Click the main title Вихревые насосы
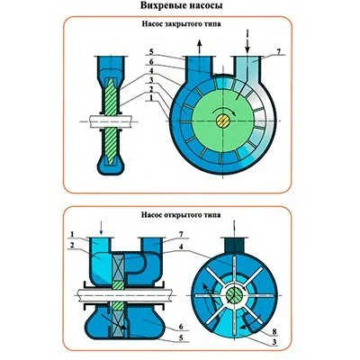(x=182, y=5)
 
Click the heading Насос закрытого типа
(x=181, y=24)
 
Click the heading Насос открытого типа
(x=181, y=215)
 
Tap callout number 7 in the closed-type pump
(x=278, y=51)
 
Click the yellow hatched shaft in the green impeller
(x=223, y=121)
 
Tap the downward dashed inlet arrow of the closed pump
(x=247, y=41)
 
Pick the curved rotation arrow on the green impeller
(x=223, y=111)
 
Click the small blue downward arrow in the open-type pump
(x=102, y=229)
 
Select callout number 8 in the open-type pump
(x=275, y=332)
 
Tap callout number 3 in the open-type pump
(x=275, y=341)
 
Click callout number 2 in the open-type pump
(x=72, y=244)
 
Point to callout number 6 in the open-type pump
(x=181, y=327)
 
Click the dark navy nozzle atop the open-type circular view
(x=234, y=246)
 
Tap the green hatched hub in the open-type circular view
(x=234, y=295)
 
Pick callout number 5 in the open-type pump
(x=181, y=338)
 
